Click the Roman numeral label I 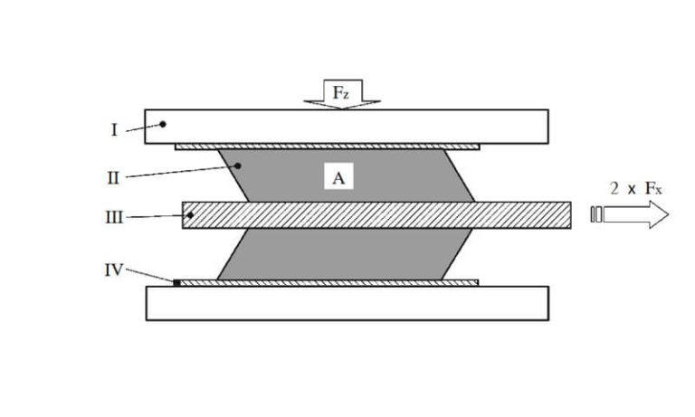(x=114, y=130)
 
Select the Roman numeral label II (x=113, y=177)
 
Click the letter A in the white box (x=338, y=178)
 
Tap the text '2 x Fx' (x=636, y=189)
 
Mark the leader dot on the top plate (x=163, y=124)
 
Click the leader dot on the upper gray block (x=237, y=165)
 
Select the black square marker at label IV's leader (x=177, y=283)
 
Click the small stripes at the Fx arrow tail (x=595, y=215)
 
